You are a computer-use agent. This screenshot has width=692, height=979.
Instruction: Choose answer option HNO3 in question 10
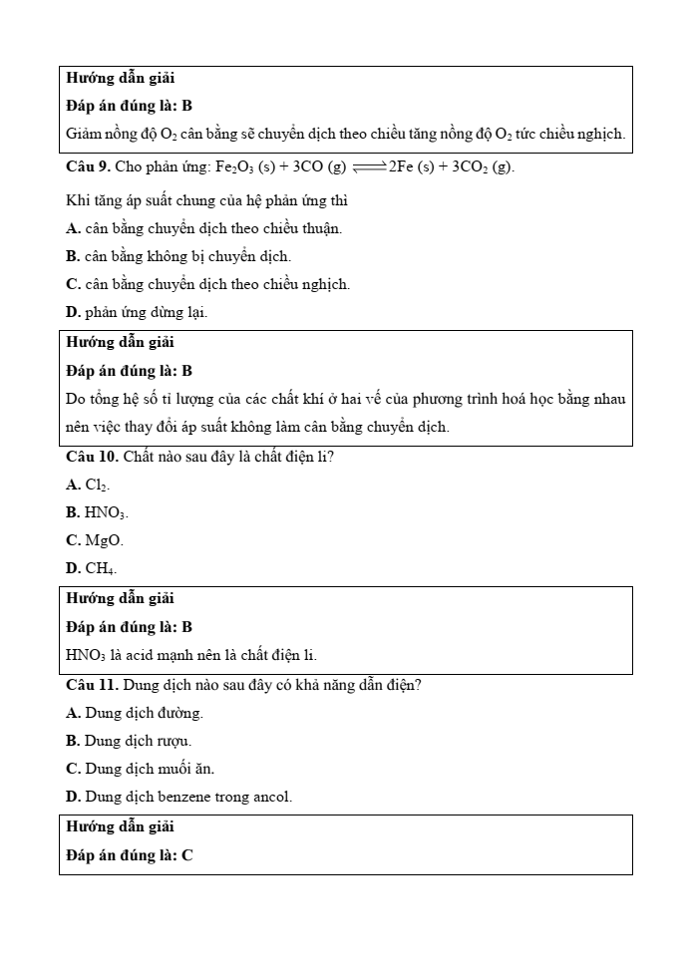pyautogui.click(x=97, y=512)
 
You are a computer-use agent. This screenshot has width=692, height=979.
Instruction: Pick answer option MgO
pyautogui.click(x=95, y=540)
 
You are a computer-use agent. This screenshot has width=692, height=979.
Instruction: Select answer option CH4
pyautogui.click(x=91, y=568)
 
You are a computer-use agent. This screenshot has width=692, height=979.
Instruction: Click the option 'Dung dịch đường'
pyautogui.click(x=135, y=713)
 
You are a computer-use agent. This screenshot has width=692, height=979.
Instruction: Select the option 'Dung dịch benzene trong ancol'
pyautogui.click(x=178, y=797)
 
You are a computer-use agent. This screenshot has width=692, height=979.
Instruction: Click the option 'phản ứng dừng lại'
pyautogui.click(x=137, y=312)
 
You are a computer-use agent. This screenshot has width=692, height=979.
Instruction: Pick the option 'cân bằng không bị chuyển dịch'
pyautogui.click(x=178, y=256)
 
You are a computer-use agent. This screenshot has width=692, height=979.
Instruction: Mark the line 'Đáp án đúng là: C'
pyautogui.click(x=130, y=854)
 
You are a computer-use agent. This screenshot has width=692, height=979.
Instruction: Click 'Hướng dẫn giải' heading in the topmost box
pyautogui.click(x=120, y=78)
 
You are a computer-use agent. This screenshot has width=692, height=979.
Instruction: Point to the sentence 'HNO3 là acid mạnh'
pyautogui.click(x=190, y=655)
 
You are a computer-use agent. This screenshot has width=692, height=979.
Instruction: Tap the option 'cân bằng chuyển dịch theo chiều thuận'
pyautogui.click(x=203, y=228)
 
